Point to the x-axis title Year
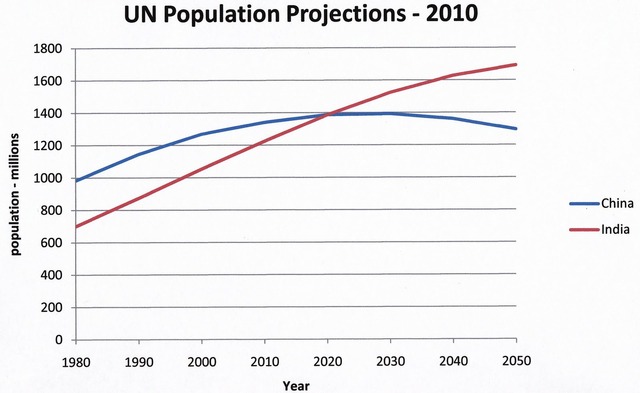coord(295,384)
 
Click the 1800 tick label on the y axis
coord(47,49)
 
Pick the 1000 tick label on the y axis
coord(47,179)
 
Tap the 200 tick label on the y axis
coord(51,308)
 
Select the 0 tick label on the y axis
coord(58,341)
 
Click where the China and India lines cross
coord(326,114)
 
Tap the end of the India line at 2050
coord(515,65)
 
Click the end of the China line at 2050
coord(515,128)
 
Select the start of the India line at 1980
coord(75,226)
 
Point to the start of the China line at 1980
coord(75,181)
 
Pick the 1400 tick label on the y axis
coord(47,114)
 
